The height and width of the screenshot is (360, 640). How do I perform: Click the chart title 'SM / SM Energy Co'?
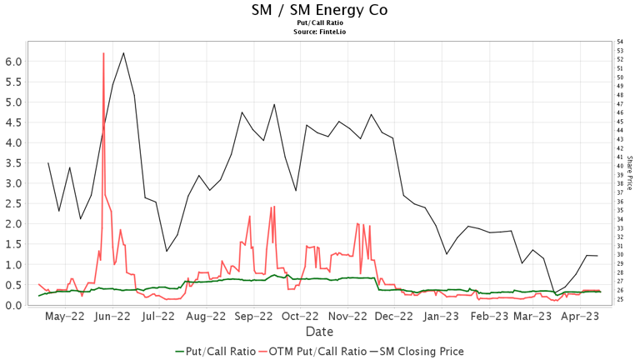(319, 10)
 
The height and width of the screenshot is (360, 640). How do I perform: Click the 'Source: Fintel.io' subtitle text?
(319, 31)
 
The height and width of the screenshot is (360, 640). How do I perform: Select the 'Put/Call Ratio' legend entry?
(216, 351)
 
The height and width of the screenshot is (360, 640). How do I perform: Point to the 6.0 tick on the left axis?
(14, 62)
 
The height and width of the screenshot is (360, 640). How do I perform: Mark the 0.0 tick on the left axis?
(14, 305)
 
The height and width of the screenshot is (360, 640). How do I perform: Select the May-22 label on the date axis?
(65, 317)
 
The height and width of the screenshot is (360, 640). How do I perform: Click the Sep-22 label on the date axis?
(255, 317)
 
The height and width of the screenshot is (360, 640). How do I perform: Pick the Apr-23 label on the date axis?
(581, 317)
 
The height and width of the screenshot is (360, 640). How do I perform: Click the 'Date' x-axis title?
(319, 332)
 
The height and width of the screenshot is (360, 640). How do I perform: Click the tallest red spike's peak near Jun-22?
(103, 53)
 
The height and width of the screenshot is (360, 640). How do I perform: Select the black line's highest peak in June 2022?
(123, 53)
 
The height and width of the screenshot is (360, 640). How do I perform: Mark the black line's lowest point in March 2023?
(555, 293)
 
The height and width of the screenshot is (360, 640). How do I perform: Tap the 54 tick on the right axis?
(620, 42)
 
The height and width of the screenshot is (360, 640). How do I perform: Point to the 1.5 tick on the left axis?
(14, 244)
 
